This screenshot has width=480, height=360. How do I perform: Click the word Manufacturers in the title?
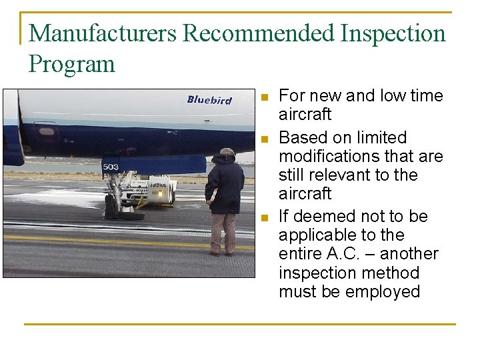point(103,33)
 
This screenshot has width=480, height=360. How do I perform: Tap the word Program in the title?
point(72,64)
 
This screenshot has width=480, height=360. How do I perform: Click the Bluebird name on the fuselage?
point(209,100)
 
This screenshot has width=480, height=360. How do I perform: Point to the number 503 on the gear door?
point(111,167)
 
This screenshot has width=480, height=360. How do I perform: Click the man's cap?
point(227,151)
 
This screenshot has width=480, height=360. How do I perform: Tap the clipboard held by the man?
point(213,195)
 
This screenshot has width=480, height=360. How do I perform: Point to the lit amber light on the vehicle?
point(159,193)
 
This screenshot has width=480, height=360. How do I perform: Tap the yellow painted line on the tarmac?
point(100,238)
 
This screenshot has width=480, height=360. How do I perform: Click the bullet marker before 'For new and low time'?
point(265,97)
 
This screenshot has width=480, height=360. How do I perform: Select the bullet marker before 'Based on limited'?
point(265,139)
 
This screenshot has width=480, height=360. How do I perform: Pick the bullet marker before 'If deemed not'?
point(265,217)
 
